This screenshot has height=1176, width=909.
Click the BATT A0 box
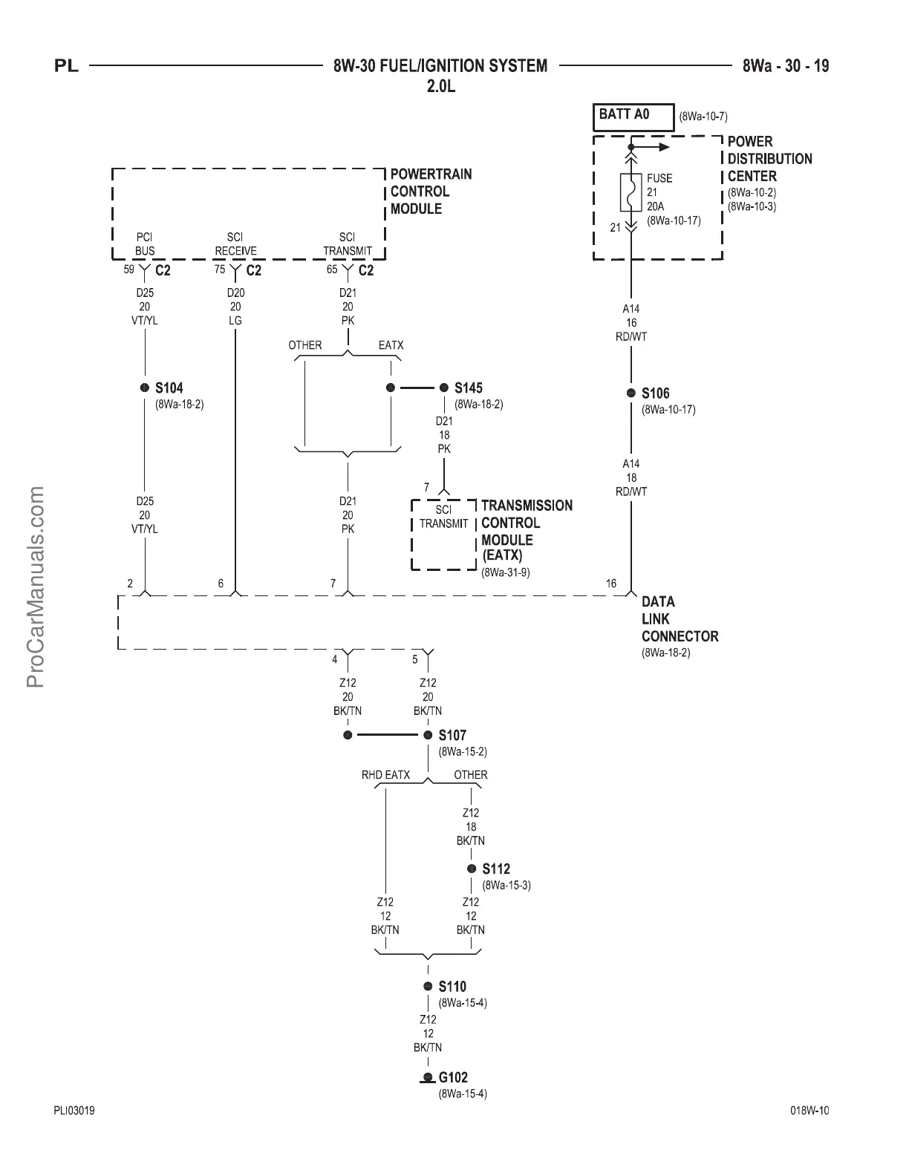[632, 116]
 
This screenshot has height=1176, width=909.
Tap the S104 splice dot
[145, 388]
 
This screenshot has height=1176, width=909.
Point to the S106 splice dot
[631, 393]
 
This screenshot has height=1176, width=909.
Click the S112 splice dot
[472, 869]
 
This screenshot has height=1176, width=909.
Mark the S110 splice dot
[428, 987]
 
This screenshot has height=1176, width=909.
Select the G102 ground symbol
[428, 1079]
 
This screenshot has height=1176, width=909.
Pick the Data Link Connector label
[680, 619]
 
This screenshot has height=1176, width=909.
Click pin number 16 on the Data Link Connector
[611, 584]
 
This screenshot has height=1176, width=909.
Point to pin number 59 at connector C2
[129, 269]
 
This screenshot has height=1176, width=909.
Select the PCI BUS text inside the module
[145, 244]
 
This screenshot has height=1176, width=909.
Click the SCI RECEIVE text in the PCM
[235, 244]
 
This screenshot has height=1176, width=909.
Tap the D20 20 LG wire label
[235, 307]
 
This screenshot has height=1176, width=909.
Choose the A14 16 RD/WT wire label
[631, 323]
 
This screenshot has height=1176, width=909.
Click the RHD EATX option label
[385, 775]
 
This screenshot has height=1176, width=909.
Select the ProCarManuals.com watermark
[35, 587]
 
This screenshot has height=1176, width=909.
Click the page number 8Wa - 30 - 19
[786, 66]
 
